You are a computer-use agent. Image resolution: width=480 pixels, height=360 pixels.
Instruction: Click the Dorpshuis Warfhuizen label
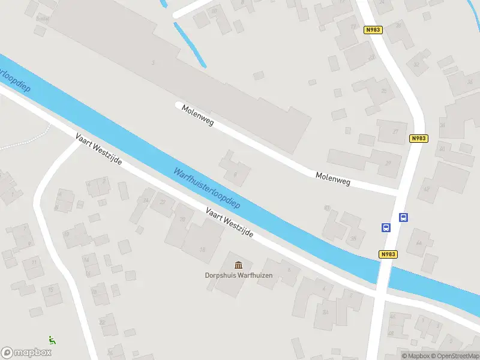tap(239, 276)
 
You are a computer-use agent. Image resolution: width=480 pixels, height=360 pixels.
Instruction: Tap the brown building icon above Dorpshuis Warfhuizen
tap(239, 265)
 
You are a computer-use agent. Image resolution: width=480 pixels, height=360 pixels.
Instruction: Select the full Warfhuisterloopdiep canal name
tap(206, 188)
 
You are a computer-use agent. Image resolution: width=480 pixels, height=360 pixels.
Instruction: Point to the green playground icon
tap(52, 340)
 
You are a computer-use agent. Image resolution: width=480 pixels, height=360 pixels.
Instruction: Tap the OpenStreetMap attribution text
tap(454, 356)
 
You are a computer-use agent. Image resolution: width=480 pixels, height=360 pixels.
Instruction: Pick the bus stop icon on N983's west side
tap(386, 227)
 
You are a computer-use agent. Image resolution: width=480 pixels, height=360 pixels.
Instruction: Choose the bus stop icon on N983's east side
tap(404, 218)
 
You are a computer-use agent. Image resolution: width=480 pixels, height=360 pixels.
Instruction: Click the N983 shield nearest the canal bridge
tap(388, 254)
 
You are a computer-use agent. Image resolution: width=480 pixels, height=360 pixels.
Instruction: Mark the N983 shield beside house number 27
tap(419, 139)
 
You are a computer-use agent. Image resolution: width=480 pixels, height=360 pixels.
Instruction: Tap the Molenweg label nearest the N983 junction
tap(333, 178)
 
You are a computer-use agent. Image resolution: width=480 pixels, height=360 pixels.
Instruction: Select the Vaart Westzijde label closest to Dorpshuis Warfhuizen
tap(229, 223)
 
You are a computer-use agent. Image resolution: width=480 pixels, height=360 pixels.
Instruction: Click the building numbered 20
tap(182, 220)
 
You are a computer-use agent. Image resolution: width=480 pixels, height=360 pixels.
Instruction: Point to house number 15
tap(203, 249)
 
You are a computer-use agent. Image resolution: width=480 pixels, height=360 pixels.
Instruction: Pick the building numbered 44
tap(418, 243)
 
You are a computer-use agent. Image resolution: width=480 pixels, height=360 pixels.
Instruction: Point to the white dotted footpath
tap(24, 139)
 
